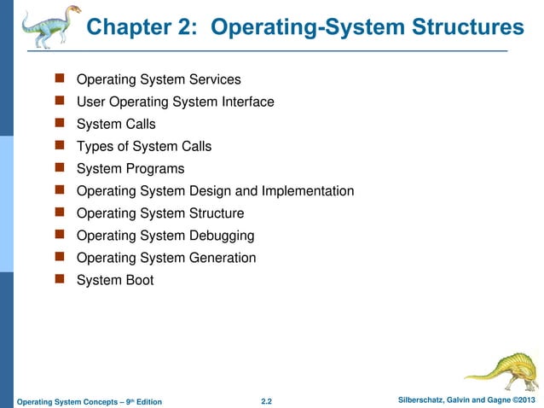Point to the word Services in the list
(x=213, y=80)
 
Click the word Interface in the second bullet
(x=246, y=102)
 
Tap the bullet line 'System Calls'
(x=116, y=125)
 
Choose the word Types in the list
(x=95, y=147)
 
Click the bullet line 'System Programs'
(x=130, y=169)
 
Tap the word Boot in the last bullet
(x=138, y=280)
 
